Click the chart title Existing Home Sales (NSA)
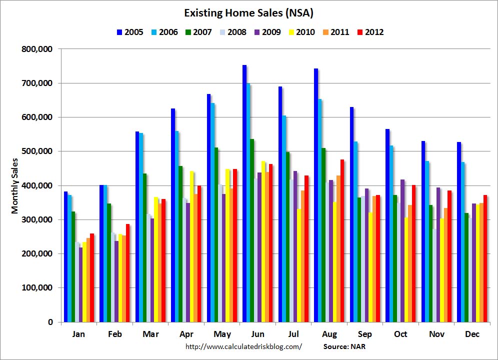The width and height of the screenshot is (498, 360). pyautogui.click(x=248, y=12)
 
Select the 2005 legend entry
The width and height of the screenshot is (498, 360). pyautogui.click(x=129, y=32)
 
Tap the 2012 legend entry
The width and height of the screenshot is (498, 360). pyautogui.click(x=369, y=32)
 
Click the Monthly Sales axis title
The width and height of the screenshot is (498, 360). pyautogui.click(x=14, y=185)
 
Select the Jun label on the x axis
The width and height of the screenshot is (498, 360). pyautogui.click(x=257, y=334)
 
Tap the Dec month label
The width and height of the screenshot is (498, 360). pyautogui.click(x=471, y=334)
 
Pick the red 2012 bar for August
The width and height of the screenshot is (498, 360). pyautogui.click(x=342, y=240)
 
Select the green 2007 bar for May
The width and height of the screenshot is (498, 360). pyautogui.click(x=216, y=234)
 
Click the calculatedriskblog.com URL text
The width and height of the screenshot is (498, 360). pyautogui.click(x=243, y=346)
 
